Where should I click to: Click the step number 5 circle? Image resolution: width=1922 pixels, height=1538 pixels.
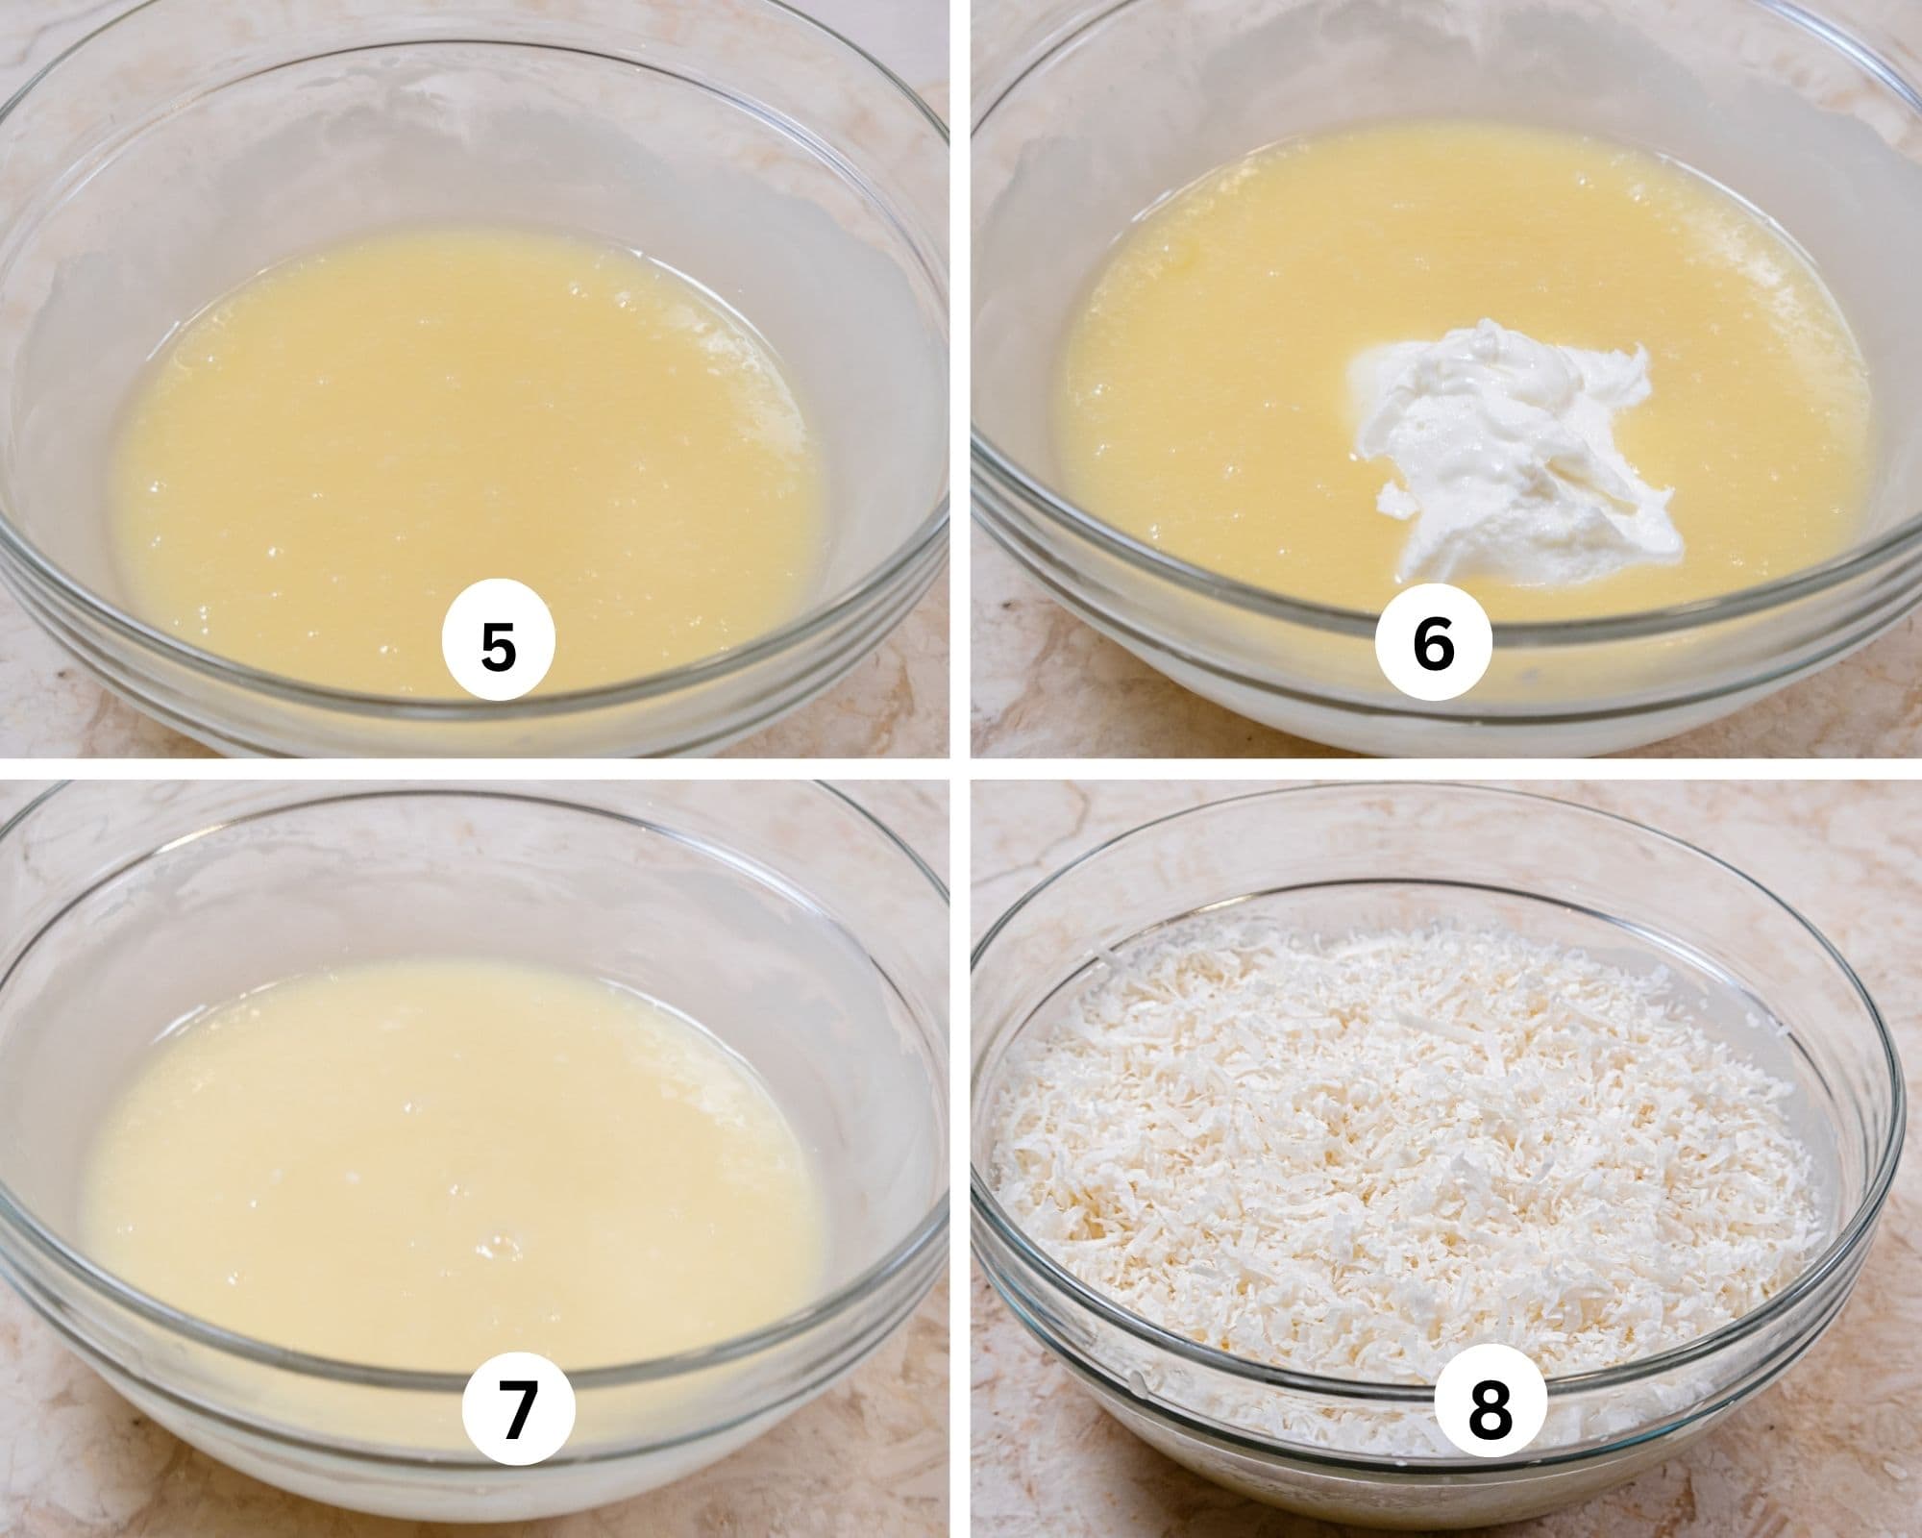pyautogui.click(x=498, y=645)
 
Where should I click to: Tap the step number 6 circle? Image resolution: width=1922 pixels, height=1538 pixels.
pyautogui.click(x=1433, y=645)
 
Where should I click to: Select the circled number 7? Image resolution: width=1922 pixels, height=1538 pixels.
pyautogui.click(x=518, y=1410)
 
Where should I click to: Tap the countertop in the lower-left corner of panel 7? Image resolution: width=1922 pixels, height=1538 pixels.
pyautogui.click(x=38, y=1500)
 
